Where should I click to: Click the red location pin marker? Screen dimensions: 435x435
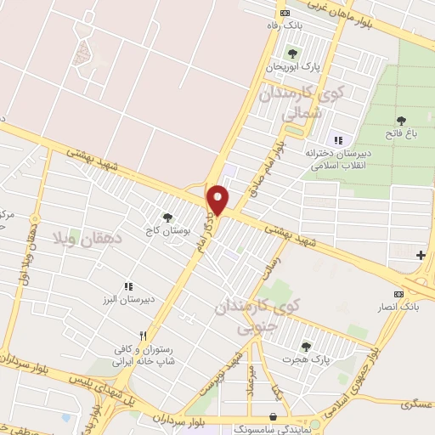click(x=218, y=199)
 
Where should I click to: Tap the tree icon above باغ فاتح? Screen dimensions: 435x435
click(x=401, y=120)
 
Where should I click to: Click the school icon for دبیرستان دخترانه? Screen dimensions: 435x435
click(x=338, y=140)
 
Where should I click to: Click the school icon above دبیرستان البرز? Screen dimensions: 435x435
click(x=129, y=287)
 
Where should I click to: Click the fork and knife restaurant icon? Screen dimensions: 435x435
click(x=143, y=336)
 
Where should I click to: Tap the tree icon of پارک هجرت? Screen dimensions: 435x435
click(x=305, y=347)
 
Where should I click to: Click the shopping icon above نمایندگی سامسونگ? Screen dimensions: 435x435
click(x=273, y=416)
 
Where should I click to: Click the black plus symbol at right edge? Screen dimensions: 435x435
click(x=421, y=255)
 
